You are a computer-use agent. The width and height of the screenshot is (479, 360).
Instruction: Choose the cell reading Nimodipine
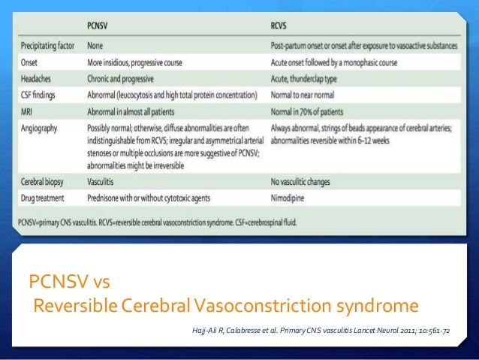tap(291, 197)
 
